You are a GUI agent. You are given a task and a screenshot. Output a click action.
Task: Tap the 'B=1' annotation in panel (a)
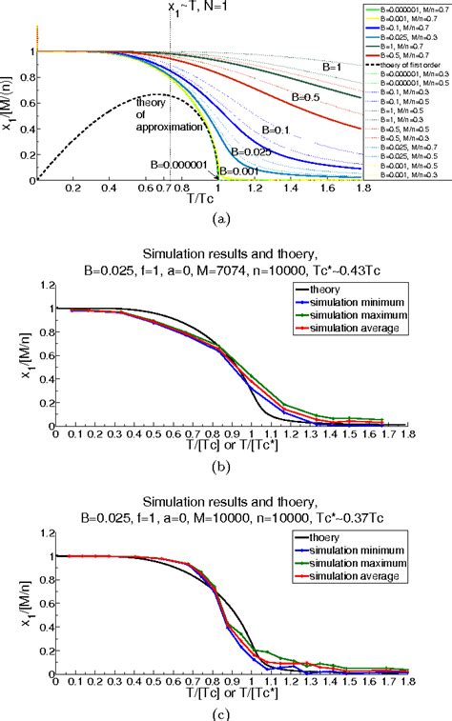(x=331, y=68)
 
